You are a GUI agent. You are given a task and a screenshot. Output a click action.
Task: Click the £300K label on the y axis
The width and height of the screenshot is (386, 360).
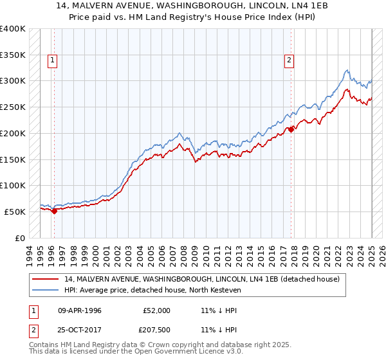click(13, 81)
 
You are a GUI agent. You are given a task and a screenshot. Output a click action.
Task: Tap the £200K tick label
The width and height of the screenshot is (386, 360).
click(13, 133)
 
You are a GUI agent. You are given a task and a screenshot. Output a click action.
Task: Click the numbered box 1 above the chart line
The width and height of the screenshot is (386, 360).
click(51, 60)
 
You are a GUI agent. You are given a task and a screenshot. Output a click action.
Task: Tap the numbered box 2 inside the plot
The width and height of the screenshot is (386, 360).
click(289, 60)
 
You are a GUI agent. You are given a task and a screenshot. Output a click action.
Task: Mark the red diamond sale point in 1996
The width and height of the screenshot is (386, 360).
click(54, 210)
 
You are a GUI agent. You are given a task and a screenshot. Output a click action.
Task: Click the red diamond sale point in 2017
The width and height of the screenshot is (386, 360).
click(291, 129)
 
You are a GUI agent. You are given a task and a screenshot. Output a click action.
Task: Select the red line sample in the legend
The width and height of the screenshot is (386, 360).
click(46, 279)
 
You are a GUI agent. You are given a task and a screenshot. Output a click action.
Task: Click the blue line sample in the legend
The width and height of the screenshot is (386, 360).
click(46, 290)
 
